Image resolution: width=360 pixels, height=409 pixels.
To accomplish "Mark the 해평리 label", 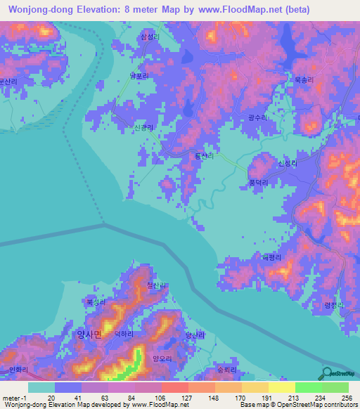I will pos(271,257).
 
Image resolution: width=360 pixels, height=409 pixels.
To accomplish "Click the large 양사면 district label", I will pos(89,335).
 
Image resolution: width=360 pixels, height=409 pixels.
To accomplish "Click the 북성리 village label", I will pos(95,301).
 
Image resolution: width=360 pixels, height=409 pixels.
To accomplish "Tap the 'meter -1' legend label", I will pos(13,396).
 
